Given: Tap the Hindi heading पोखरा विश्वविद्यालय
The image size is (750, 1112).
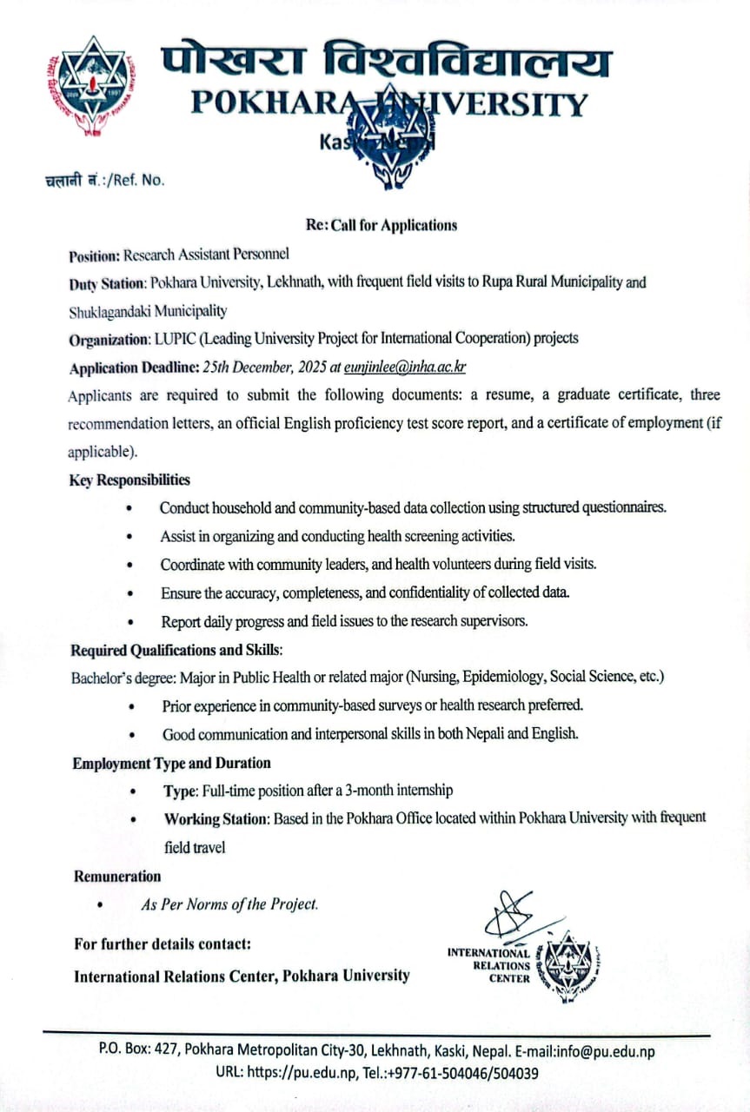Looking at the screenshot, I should (x=386, y=63).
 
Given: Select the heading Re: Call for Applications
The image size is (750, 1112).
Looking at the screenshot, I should (x=381, y=225).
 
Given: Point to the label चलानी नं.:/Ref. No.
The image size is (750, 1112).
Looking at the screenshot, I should (x=104, y=180).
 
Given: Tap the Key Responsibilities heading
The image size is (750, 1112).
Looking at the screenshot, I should (x=129, y=480).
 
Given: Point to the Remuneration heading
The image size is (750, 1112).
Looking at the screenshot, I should (x=117, y=876).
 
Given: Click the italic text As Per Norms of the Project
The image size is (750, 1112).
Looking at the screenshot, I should (x=229, y=904).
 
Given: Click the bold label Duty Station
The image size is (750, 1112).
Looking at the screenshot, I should (x=106, y=283).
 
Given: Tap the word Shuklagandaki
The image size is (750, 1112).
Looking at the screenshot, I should (x=109, y=311).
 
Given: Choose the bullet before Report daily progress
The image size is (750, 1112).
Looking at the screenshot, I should (x=131, y=622).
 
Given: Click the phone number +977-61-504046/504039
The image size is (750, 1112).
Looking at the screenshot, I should (x=469, y=1072).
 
